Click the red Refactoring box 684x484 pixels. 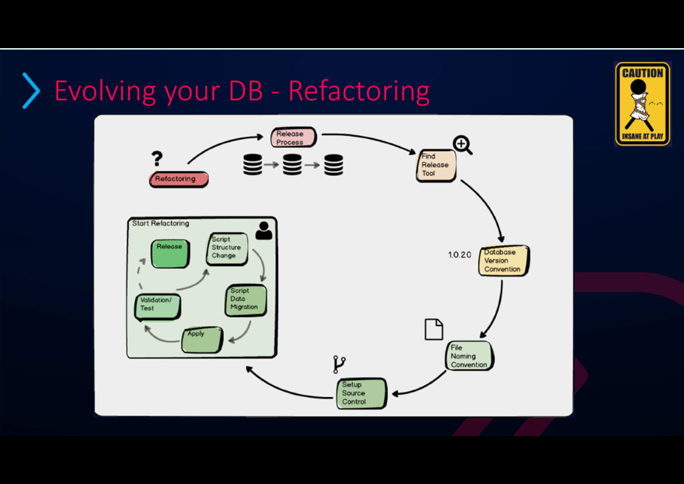pyautogui.click(x=178, y=179)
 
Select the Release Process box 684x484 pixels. pyautogui.click(x=292, y=138)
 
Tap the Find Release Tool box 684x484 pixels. pyautogui.click(x=436, y=165)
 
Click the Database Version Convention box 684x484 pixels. pyautogui.click(x=503, y=261)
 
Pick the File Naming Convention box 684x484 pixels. pyautogui.click(x=469, y=356)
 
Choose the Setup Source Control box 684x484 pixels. pyautogui.click(x=361, y=393)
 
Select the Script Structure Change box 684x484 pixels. pyautogui.click(x=226, y=248)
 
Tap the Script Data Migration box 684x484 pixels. pyautogui.click(x=245, y=299)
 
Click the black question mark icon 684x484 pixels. pyautogui.click(x=157, y=158)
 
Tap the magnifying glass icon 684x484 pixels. pyautogui.click(x=462, y=144)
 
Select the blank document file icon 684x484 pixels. pyautogui.click(x=434, y=329)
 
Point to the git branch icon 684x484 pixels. pyautogui.click(x=339, y=364)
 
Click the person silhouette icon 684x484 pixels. pyautogui.click(x=264, y=230)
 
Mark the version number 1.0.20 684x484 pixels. pyautogui.click(x=460, y=255)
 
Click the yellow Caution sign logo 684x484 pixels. pyautogui.click(x=642, y=103)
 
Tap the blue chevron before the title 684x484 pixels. pyautogui.click(x=31, y=91)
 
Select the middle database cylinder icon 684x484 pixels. pyautogui.click(x=292, y=164)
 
